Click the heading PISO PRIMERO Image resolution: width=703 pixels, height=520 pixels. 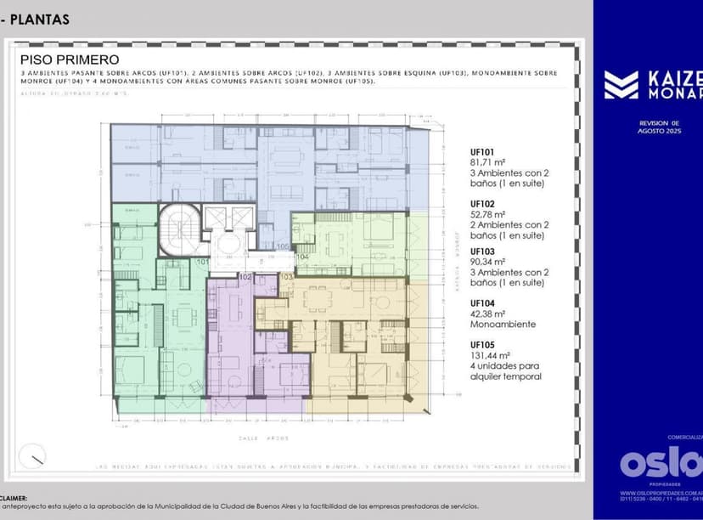click(70, 59)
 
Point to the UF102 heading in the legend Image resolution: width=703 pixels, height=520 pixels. click(482, 205)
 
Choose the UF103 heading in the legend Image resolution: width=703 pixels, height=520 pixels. click(482, 252)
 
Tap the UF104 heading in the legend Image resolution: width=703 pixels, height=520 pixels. click(482, 302)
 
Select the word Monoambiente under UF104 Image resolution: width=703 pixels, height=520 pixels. click(503, 324)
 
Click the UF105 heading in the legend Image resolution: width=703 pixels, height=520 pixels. click(482, 345)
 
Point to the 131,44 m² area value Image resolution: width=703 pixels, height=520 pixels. click(492, 356)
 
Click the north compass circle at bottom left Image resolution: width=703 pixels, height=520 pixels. click(33, 455)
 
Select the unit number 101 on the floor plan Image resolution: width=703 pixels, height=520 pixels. click(203, 263)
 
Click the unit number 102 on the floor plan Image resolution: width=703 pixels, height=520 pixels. click(245, 277)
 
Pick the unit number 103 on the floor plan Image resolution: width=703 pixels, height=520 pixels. click(286, 277)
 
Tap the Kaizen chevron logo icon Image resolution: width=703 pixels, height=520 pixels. click(621, 85)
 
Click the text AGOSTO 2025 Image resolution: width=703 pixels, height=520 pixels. click(661, 132)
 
